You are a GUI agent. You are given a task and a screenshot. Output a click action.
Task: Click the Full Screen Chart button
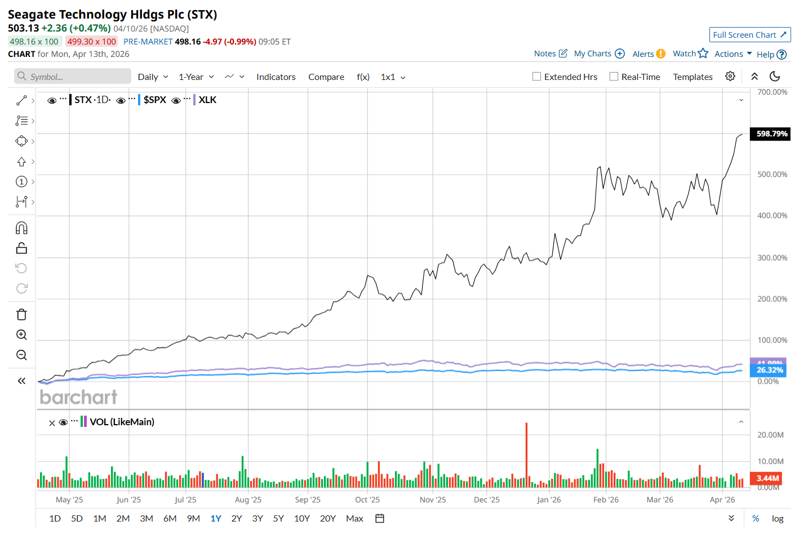[749, 35]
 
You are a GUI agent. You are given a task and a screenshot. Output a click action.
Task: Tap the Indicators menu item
[276, 77]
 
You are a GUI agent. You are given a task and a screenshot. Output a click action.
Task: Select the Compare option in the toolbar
[326, 77]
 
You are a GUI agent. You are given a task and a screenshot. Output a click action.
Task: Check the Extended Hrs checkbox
[537, 77]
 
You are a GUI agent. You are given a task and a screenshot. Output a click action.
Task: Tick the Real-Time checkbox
[614, 77]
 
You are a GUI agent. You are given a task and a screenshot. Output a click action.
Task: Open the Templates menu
[692, 77]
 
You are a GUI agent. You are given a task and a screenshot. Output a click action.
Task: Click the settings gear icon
[730, 77]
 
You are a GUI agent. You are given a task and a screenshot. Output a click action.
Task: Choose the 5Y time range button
[278, 519]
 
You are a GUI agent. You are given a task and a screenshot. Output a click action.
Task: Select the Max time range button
[354, 519]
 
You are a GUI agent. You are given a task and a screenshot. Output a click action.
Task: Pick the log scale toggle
[778, 519]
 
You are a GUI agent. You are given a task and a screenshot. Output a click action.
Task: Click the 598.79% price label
[771, 134]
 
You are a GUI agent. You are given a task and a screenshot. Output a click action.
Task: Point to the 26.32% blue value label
[769, 370]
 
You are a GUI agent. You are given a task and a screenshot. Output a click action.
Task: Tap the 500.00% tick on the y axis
[772, 175]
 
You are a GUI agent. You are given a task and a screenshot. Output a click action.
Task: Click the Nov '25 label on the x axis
[433, 500]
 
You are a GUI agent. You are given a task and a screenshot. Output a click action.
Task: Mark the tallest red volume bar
[526, 455]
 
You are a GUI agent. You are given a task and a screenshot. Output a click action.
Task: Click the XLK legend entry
[207, 100]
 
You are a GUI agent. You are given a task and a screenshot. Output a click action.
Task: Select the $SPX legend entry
[154, 100]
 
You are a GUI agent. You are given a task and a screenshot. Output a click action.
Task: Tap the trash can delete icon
[21, 315]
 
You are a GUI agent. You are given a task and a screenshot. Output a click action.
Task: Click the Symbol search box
[73, 77]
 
